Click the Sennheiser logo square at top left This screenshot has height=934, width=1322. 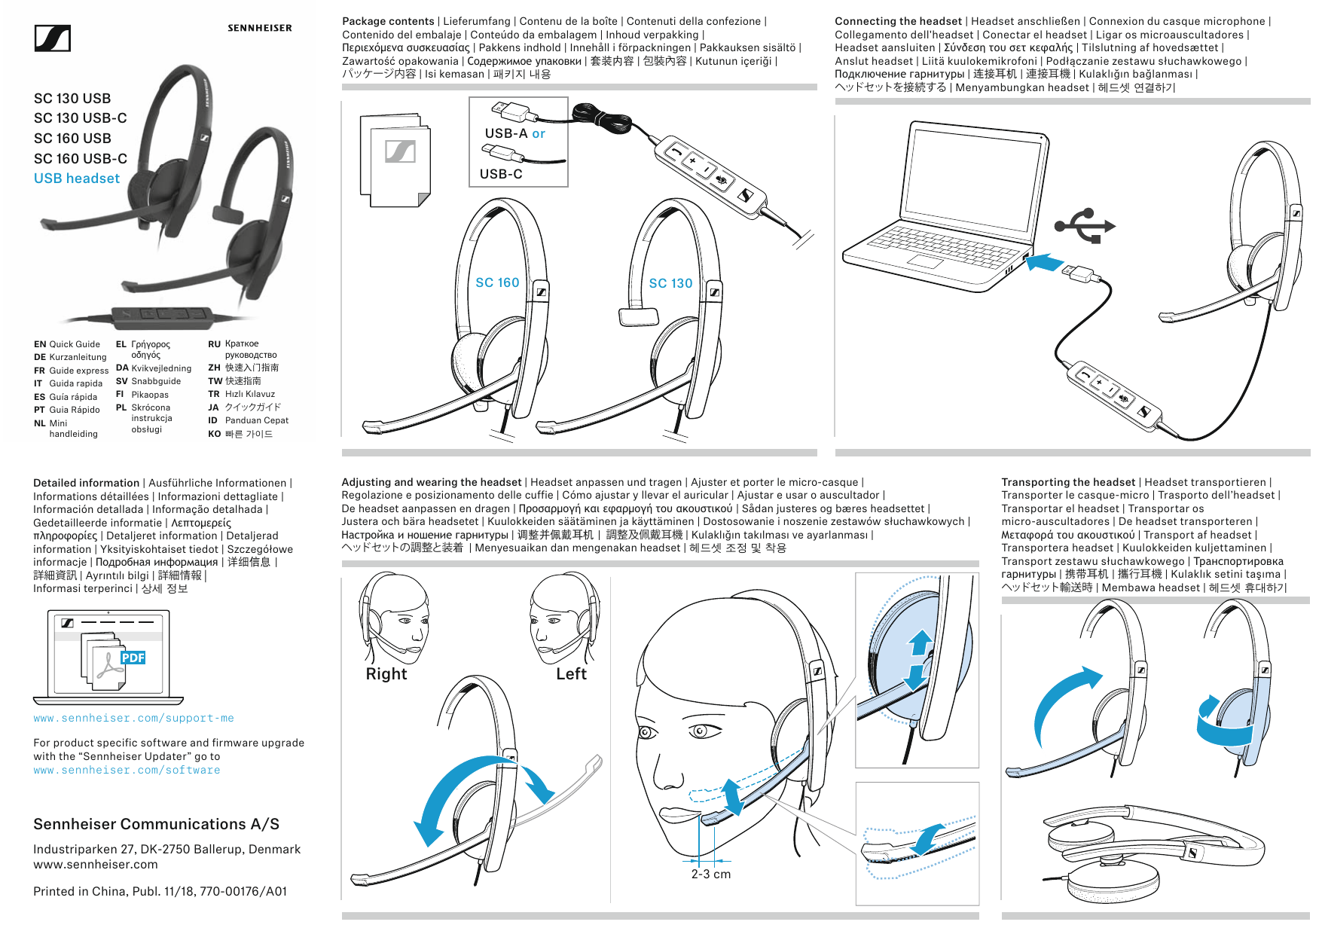click(53, 38)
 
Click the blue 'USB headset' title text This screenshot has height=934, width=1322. click(77, 179)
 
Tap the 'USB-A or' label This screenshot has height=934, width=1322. click(514, 133)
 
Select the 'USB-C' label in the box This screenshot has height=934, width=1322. click(501, 174)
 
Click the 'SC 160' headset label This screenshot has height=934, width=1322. click(497, 282)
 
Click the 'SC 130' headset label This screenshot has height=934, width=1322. click(670, 283)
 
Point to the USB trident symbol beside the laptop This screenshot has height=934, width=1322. click(1084, 225)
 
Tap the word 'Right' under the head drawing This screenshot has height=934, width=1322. click(386, 674)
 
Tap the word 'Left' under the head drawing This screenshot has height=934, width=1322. click(571, 674)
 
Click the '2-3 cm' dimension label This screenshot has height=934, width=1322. click(711, 874)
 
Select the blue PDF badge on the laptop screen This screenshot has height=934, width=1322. click(133, 658)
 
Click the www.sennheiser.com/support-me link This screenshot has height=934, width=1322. click(133, 719)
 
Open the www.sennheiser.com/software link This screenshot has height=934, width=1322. click(127, 771)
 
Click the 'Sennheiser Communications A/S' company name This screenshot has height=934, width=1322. click(156, 824)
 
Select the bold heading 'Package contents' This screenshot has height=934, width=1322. click(388, 21)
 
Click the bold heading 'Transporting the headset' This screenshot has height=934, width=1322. click(1067, 482)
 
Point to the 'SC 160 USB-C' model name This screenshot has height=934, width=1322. click(81, 159)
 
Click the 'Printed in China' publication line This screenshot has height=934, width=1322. click(160, 892)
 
